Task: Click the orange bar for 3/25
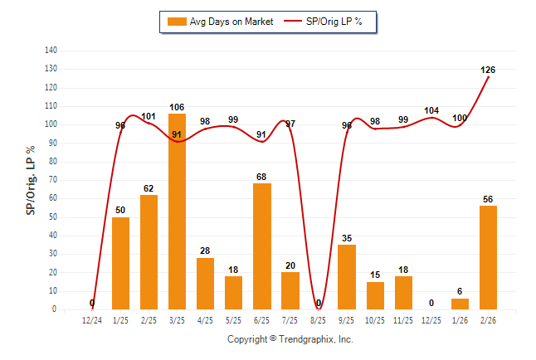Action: (x=177, y=212)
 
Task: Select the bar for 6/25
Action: (x=261, y=246)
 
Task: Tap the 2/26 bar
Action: (x=488, y=257)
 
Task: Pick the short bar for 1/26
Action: (x=460, y=304)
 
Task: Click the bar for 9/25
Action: (x=347, y=276)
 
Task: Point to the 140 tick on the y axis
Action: (x=51, y=51)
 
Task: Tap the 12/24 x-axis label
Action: (x=92, y=319)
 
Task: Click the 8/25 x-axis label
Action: (x=319, y=319)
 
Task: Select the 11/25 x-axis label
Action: (x=403, y=319)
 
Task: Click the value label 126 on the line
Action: (x=488, y=70)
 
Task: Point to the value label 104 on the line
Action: (x=431, y=110)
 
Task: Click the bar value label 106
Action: (x=177, y=106)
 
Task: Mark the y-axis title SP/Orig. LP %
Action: (x=31, y=181)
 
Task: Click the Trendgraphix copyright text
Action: (x=290, y=339)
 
